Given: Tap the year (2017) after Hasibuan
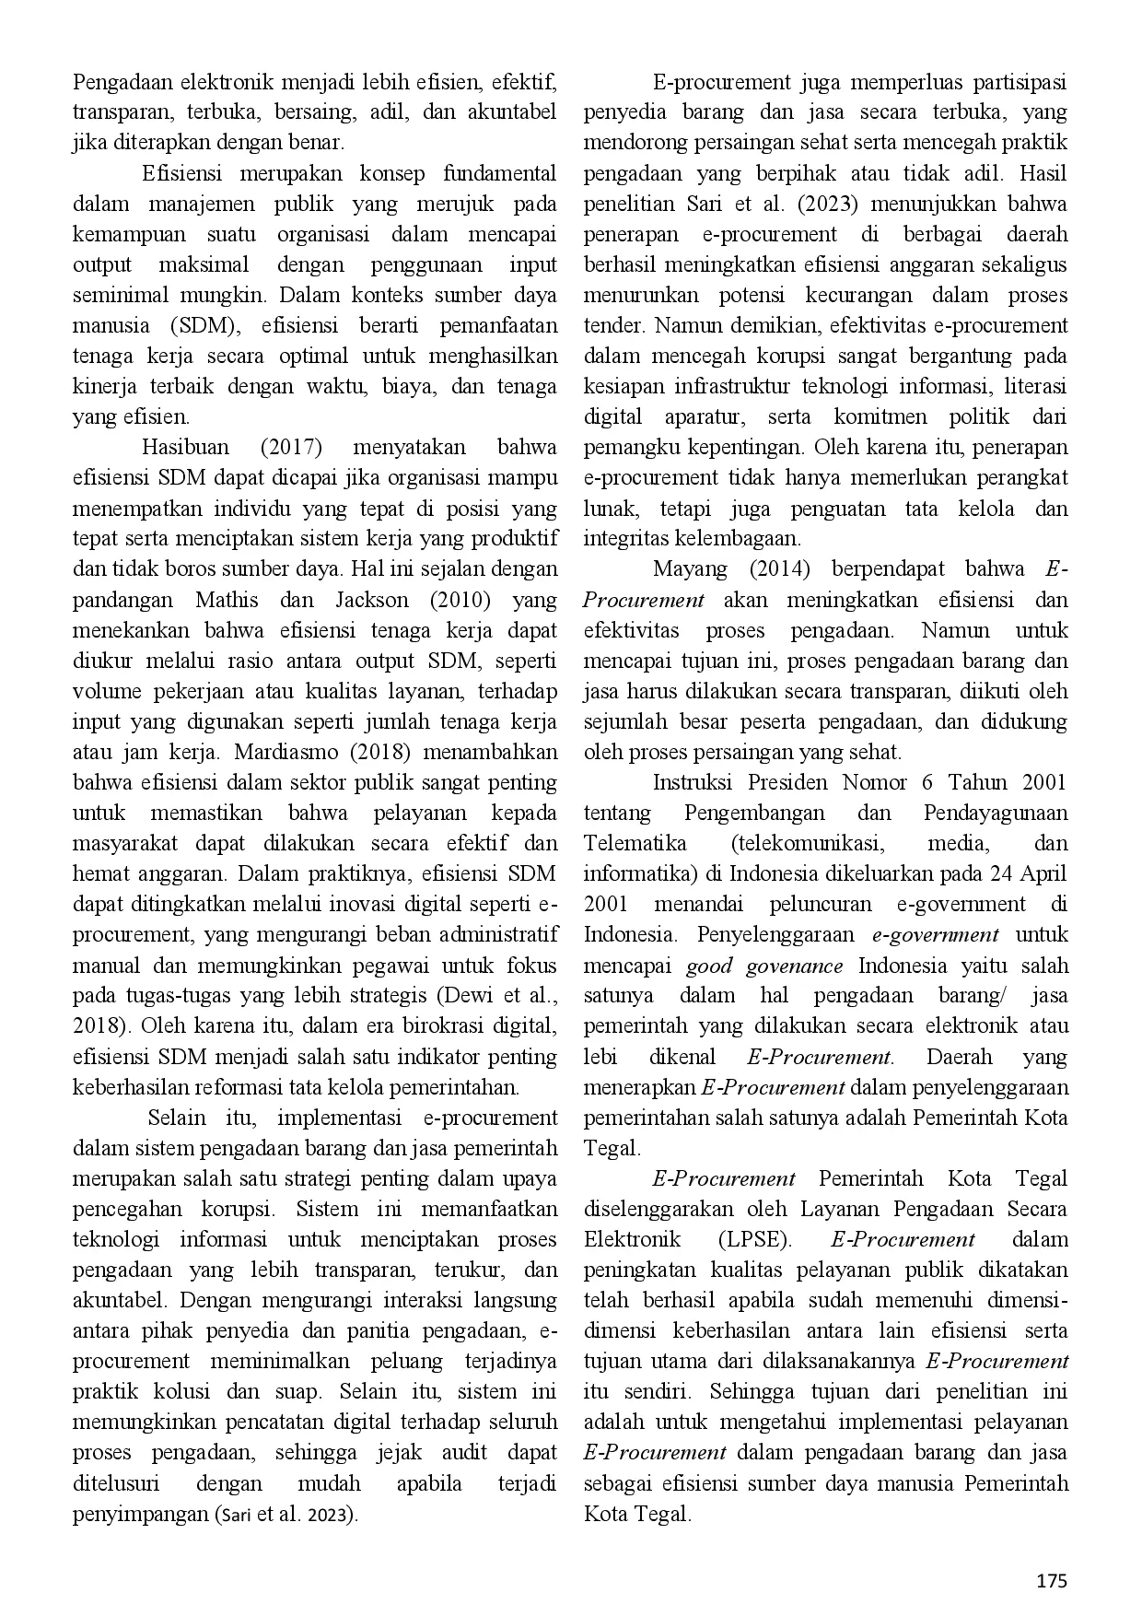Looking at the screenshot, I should [x=291, y=448].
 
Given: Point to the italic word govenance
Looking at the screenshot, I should [x=795, y=966].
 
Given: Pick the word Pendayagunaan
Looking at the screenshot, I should [x=995, y=813].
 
